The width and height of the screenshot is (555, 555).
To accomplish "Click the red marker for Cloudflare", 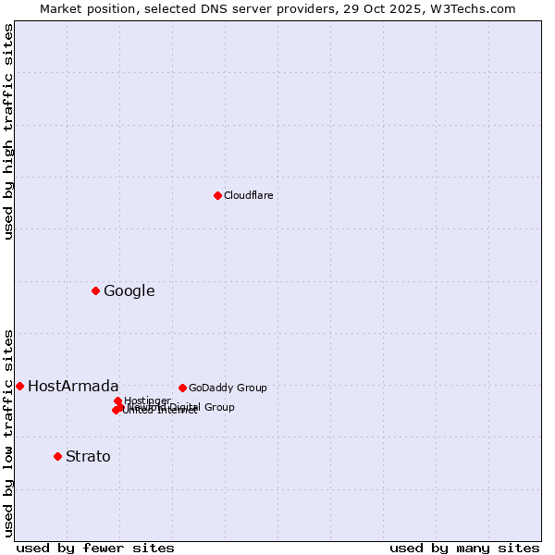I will pos(217,195).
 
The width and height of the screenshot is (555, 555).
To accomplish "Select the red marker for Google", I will pos(95,291).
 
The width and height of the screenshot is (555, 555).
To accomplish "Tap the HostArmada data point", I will pos(19,386).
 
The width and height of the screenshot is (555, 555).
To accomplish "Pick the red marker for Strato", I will pos(57,456).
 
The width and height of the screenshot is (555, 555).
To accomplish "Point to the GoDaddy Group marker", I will pos(182,388).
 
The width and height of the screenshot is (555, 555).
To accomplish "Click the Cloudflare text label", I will pos(248,195).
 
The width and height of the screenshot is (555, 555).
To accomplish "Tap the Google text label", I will pos(129,291).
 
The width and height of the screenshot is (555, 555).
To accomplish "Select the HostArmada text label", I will pos(73,387).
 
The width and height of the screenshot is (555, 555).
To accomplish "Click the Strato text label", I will pos(88,457).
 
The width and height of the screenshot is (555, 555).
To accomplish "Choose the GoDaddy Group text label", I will pos(228,388).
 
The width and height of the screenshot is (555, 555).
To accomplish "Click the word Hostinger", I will pos(147,401).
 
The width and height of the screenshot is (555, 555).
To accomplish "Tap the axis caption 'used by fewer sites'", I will pos(95,548).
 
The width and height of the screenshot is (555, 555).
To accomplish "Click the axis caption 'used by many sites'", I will pos(464,548).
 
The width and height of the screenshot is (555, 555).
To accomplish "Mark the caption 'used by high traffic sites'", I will pos(8,131).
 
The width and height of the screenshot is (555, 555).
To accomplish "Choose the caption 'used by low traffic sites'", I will pos(8,432).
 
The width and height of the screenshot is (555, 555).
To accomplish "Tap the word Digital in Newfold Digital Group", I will pos(186,407).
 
